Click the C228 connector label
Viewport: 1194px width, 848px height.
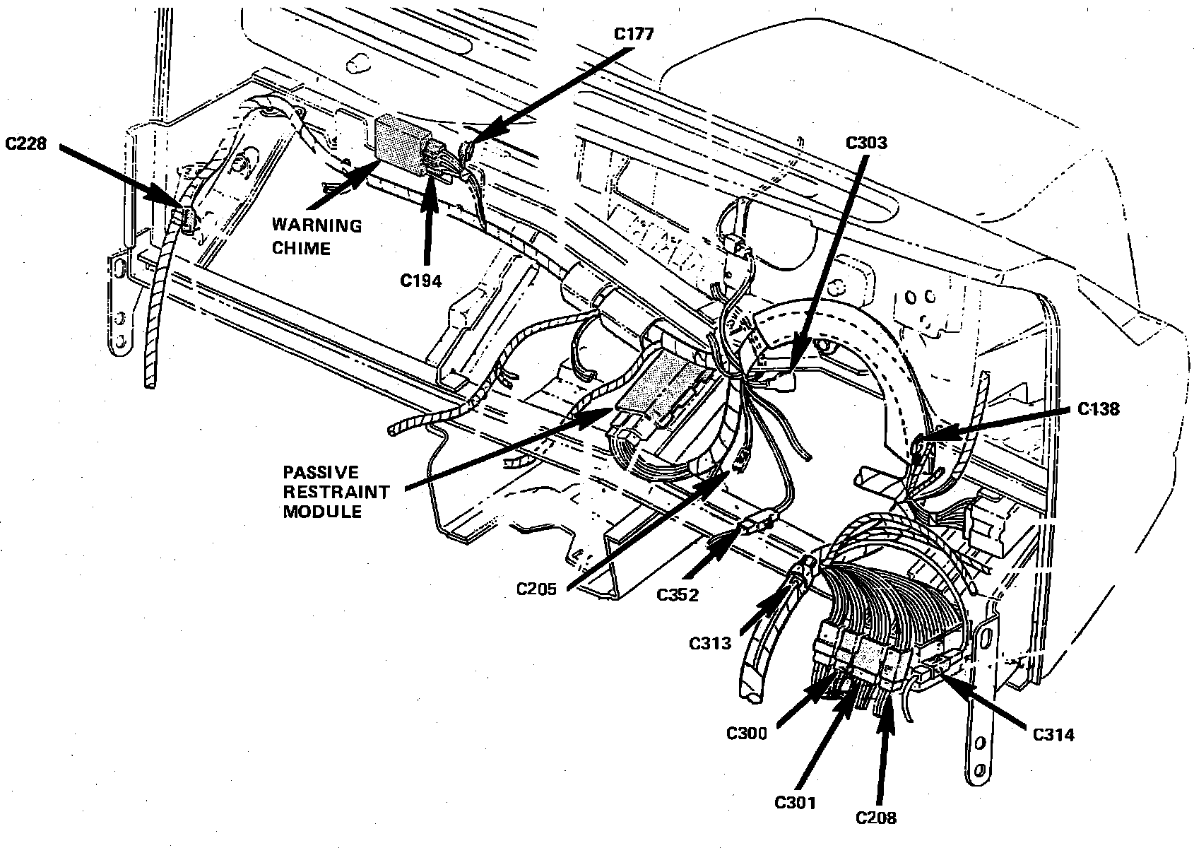coord(28,143)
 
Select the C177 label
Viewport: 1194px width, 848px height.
coord(634,33)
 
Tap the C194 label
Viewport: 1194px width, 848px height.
coord(421,281)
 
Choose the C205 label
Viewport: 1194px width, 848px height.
coord(536,589)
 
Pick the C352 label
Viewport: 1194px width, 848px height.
coord(678,594)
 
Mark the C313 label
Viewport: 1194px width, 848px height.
coord(711,643)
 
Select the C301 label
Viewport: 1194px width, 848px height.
coord(795,803)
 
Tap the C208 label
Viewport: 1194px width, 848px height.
coord(876,818)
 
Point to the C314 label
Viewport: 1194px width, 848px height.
coord(1053,735)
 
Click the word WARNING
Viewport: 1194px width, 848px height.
coord(317,226)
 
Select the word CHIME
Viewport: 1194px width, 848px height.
coord(302,248)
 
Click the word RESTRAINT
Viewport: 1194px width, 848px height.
coord(336,492)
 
